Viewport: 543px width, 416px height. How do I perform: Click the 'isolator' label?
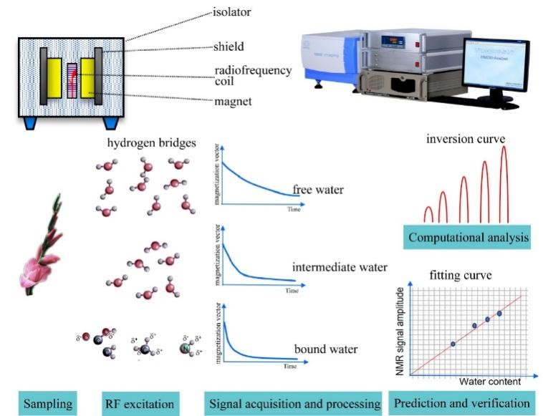[x=231, y=12]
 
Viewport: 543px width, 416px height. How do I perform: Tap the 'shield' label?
[x=229, y=47]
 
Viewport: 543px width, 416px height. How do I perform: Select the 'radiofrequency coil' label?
[x=252, y=75]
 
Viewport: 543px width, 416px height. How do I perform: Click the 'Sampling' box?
[x=46, y=403]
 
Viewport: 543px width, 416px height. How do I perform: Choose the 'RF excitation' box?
[x=139, y=403]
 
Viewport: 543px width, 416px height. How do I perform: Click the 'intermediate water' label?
[x=340, y=267]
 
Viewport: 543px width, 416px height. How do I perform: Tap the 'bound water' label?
[x=326, y=349]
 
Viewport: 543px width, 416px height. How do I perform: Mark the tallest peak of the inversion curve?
[x=504, y=150]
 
